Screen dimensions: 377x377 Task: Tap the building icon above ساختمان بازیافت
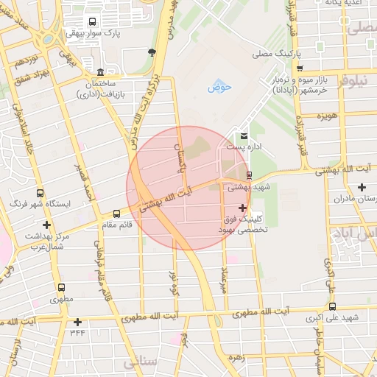[x=100, y=72]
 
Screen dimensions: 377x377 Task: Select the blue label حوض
[x=218, y=87]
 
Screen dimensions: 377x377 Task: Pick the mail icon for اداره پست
[x=244, y=135]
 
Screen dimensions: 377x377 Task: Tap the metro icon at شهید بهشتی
[x=250, y=175]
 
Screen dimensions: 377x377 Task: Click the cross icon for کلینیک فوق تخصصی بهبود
[x=242, y=208]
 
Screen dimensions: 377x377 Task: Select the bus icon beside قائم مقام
[x=117, y=214]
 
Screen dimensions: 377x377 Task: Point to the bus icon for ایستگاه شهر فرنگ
[x=36, y=188]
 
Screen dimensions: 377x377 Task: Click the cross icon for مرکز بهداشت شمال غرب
[x=47, y=225]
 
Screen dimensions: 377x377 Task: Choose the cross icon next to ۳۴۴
[x=77, y=322]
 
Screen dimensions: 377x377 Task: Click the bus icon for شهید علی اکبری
[x=332, y=306]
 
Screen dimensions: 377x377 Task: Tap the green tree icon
[x=152, y=52]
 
